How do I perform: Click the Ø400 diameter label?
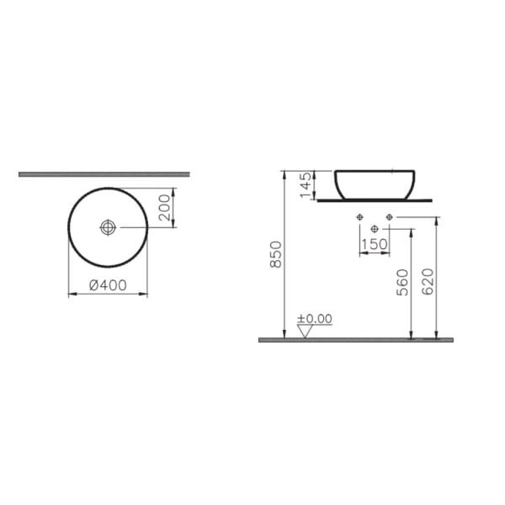tap(108, 284)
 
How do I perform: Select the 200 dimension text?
tap(166, 207)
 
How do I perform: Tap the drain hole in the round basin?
tap(108, 227)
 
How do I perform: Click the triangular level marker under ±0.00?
tap(306, 331)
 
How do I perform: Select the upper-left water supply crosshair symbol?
tap(361, 218)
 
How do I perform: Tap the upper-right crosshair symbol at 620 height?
tap(388, 218)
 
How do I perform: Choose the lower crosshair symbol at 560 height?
tap(375, 227)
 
